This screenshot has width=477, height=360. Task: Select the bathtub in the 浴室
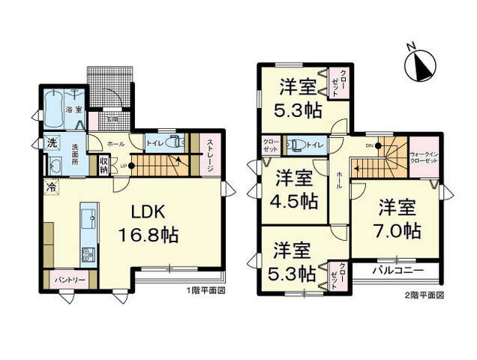55,111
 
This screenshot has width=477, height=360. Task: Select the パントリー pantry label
69,280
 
